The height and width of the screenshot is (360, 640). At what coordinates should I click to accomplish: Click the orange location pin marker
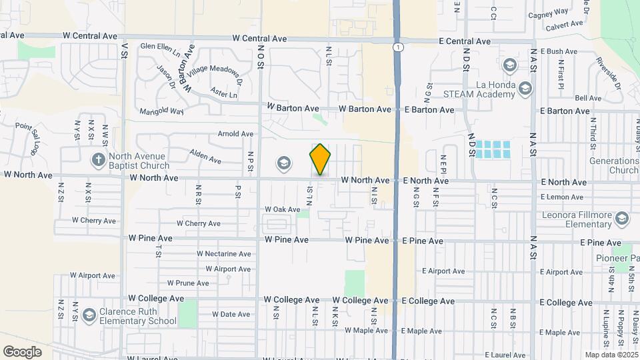320,159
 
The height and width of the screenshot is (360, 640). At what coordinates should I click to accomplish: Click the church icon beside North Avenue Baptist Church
98,159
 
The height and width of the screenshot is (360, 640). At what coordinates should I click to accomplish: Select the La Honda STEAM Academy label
485,89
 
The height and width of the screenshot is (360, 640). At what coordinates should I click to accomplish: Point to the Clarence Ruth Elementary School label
138,316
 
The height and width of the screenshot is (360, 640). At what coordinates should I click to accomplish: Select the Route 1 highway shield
397,47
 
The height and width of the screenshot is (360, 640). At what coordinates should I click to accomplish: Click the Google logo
22,351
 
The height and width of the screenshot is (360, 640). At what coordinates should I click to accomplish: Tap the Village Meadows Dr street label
213,74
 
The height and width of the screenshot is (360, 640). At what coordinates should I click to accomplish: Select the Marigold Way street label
161,111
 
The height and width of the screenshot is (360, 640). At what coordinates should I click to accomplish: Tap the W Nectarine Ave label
223,254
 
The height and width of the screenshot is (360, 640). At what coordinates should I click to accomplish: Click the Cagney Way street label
547,12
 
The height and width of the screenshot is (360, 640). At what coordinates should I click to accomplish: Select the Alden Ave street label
205,157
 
